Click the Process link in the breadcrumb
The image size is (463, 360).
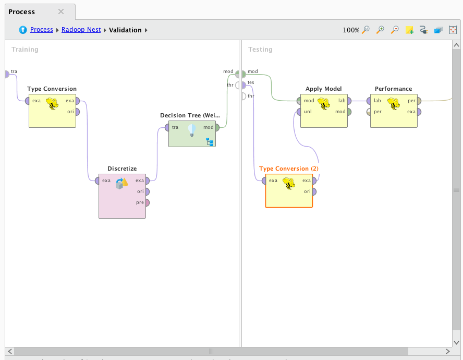[41, 30]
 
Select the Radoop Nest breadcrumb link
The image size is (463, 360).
[81, 30]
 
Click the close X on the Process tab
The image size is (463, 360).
[61, 11]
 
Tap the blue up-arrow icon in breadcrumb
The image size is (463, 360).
[23, 30]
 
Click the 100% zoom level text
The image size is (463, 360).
[351, 30]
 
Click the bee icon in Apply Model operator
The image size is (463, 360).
[324, 104]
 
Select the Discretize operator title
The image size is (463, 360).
[122, 169]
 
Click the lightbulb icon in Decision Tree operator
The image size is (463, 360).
[191, 129]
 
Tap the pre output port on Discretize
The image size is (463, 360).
[147, 202]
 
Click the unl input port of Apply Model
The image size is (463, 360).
[299, 112]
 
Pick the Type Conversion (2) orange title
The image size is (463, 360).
[288, 169]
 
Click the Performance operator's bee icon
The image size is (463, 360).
[393, 104]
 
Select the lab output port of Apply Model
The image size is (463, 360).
[349, 101]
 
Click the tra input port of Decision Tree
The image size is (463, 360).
[167, 127]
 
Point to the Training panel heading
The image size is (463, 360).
[25, 50]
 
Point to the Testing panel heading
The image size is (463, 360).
[260, 50]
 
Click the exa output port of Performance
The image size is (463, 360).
[418, 112]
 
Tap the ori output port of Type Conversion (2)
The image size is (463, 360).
[314, 191]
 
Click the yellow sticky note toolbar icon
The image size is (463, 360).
[409, 30]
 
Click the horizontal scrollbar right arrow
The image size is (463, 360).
[448, 351]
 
